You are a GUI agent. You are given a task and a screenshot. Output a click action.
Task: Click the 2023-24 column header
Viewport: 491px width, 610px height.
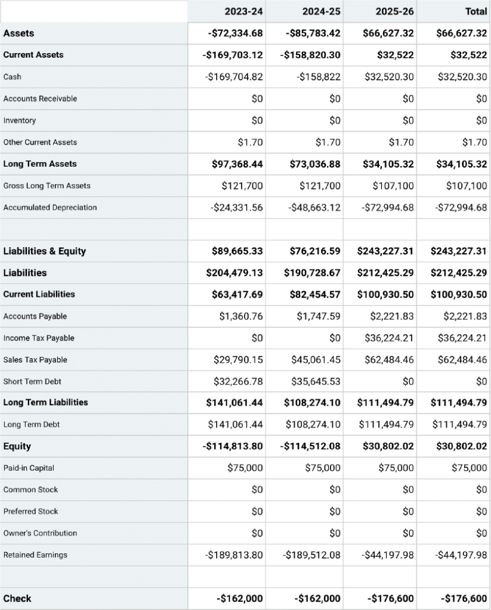click(x=243, y=11)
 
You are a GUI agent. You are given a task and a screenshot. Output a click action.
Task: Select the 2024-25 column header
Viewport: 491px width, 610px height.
click(x=322, y=11)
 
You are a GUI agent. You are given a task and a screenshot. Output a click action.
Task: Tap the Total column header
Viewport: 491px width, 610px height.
click(x=475, y=11)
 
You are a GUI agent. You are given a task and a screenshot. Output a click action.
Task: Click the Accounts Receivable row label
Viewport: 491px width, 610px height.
click(x=40, y=99)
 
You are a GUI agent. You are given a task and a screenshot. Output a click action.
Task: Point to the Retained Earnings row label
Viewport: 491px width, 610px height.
click(x=35, y=555)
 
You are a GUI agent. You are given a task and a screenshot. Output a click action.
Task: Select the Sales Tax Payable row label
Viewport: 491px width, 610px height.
click(x=35, y=360)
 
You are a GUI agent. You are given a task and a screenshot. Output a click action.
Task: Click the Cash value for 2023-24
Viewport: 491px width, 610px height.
click(x=234, y=77)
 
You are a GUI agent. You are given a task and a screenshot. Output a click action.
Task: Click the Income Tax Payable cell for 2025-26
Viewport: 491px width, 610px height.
click(x=389, y=338)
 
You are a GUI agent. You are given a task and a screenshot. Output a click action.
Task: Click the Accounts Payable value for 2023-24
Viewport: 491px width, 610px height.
click(x=241, y=316)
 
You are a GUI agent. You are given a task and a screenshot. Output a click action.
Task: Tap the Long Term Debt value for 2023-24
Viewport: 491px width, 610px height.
click(x=235, y=425)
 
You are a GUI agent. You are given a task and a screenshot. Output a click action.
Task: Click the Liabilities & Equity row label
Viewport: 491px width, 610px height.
click(x=45, y=251)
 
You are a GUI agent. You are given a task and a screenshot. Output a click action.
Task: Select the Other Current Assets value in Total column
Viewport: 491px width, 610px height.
click(x=475, y=142)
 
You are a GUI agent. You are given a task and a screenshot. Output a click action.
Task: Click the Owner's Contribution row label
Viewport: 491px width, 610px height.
click(x=40, y=533)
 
